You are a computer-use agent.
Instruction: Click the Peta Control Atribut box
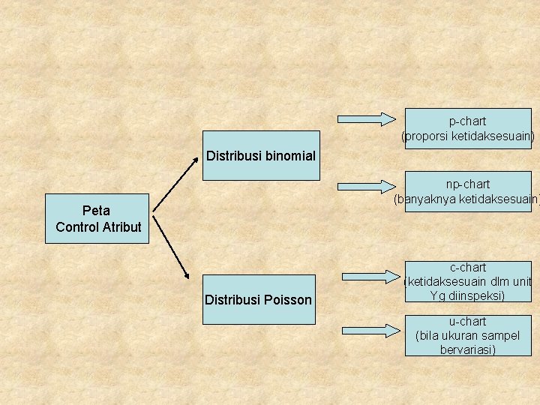point(98,218)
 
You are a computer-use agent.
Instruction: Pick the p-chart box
point(468,128)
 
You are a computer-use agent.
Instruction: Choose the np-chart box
point(468,191)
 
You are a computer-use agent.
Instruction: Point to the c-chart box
point(468,281)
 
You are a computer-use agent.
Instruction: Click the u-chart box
point(468,335)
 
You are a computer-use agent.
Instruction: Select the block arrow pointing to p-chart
point(367,118)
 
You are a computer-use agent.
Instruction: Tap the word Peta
point(96,211)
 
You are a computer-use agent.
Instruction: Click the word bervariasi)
point(468,349)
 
